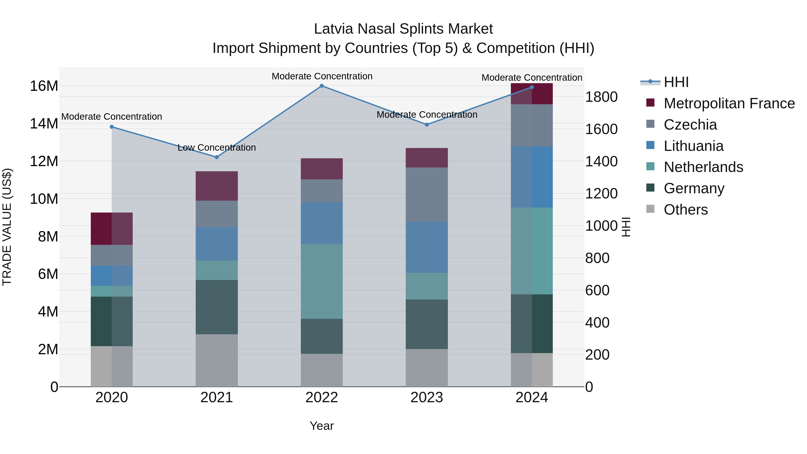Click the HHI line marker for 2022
point(322,86)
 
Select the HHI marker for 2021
point(217,157)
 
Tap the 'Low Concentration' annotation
point(217,148)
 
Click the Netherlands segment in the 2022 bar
point(322,281)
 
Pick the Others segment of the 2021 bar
point(217,360)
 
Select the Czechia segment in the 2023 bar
point(427,195)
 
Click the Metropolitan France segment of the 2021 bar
point(217,186)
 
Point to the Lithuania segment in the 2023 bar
point(427,247)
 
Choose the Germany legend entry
point(694,188)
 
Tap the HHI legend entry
point(676,82)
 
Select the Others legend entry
point(686,210)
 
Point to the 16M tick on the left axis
point(44,86)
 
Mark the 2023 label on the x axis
point(427,398)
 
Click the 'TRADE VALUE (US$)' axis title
point(7,227)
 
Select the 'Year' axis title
point(322,426)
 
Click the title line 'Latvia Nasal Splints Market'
point(403,29)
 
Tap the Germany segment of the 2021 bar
point(217,307)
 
